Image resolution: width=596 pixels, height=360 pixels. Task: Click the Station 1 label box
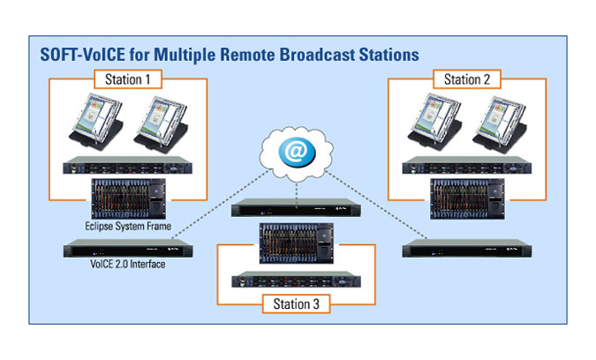[x=128, y=79]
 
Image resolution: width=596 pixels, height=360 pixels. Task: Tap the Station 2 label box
[x=467, y=79]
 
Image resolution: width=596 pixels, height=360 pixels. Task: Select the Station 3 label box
[x=296, y=304]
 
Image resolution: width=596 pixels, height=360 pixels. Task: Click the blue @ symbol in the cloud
[x=297, y=152]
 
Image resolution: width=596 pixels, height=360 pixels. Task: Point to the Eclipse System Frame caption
[x=128, y=227]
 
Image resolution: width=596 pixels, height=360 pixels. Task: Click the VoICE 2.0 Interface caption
[x=128, y=264]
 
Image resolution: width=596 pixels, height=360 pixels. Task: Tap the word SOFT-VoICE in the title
[x=82, y=55]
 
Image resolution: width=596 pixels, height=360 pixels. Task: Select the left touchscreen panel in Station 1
[x=96, y=121]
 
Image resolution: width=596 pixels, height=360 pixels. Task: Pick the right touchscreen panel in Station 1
[x=162, y=124]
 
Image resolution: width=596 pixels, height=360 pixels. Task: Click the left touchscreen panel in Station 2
[x=435, y=121]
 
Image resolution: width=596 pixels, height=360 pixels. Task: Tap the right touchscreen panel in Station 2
[x=501, y=124]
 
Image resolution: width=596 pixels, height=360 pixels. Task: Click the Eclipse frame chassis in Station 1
[x=129, y=199]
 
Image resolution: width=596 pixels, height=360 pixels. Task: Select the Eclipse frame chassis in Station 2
[x=467, y=199]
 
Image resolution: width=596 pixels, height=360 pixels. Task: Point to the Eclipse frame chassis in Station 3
[x=297, y=243]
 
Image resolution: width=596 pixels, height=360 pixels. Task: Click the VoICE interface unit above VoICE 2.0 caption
[x=128, y=249]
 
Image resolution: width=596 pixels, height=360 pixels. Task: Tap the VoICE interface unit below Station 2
[x=467, y=249]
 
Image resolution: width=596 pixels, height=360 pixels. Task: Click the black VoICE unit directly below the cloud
[x=296, y=207]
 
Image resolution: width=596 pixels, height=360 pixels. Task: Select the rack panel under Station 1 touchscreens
[x=128, y=165]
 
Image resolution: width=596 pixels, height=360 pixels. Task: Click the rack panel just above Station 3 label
[x=296, y=280]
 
